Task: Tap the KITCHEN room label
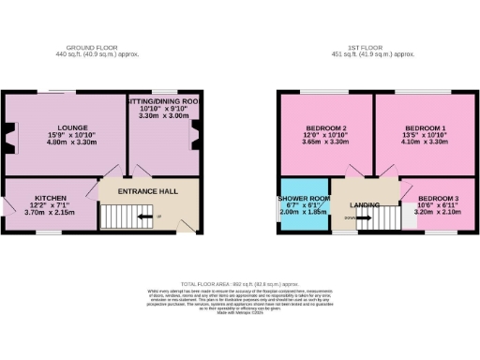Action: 50,199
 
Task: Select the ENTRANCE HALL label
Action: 148,191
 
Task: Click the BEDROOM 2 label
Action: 327,127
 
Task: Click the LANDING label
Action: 364,204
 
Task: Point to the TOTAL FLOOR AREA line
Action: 240,282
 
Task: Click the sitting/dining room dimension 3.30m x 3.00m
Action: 164,116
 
